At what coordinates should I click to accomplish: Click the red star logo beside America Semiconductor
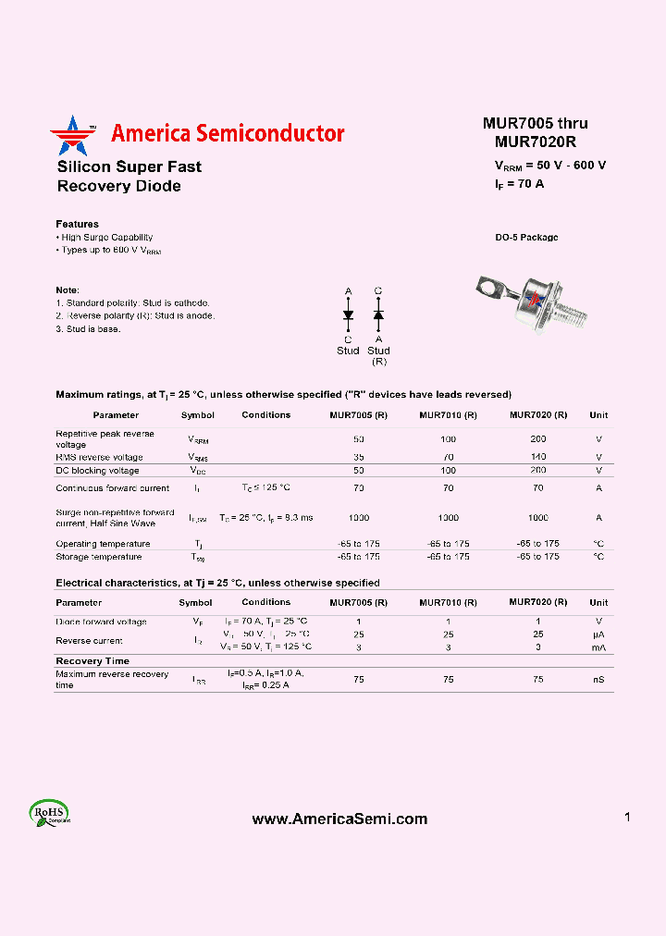(72, 135)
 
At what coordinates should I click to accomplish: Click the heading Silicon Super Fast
(129, 166)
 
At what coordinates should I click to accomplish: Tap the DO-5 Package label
(526, 238)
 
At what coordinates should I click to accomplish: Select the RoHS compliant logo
(50, 813)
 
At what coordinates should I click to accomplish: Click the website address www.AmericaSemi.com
(339, 819)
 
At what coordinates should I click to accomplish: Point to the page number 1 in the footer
(627, 817)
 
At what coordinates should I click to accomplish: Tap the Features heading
(77, 224)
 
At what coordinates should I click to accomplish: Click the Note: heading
(68, 289)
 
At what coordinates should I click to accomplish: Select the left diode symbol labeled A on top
(349, 315)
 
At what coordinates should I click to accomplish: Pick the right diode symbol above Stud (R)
(378, 315)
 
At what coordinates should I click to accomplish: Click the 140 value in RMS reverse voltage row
(538, 457)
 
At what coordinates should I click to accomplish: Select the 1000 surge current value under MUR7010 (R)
(448, 518)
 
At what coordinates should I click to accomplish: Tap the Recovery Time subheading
(92, 661)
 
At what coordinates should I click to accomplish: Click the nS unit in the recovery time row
(598, 679)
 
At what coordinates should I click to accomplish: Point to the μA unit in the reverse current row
(598, 634)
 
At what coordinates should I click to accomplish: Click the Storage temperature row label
(99, 557)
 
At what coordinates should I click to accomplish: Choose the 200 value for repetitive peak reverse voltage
(538, 438)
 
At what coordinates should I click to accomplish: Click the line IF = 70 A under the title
(519, 183)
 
